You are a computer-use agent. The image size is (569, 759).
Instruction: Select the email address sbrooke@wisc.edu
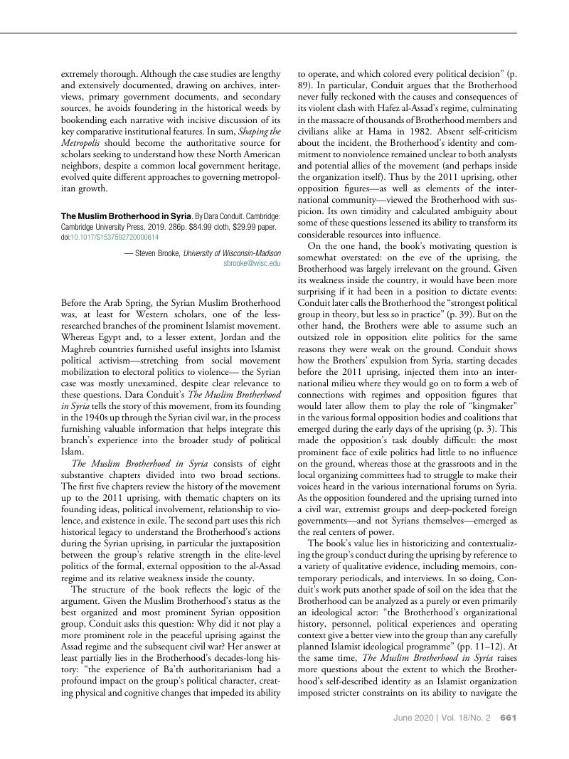(252, 263)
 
